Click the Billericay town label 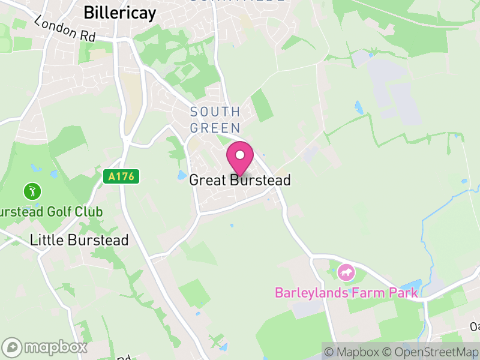120,13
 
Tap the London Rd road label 65,29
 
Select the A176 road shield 121,176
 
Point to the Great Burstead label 240,180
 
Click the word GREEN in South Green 215,128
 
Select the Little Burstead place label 79,241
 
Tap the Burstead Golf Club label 50,212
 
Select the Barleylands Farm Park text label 346,293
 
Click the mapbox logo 45,347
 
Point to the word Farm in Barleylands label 366,293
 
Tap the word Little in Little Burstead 45,241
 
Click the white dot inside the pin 240,155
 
